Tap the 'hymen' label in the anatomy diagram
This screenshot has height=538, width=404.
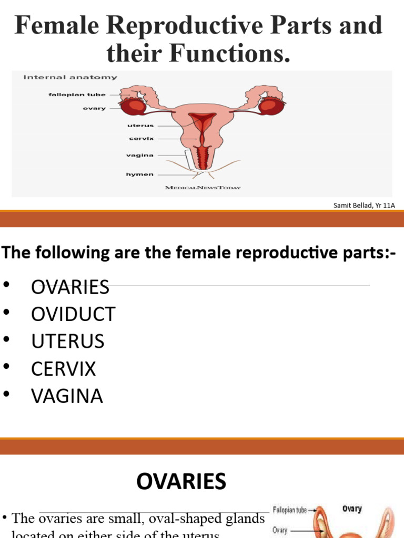(139, 174)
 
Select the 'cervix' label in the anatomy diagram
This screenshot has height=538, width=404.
(141, 139)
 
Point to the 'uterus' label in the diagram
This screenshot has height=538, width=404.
(140, 126)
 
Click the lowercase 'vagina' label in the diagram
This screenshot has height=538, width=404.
(140, 155)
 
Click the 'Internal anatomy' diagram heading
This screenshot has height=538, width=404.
(70, 77)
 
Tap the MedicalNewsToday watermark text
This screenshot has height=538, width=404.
(203, 188)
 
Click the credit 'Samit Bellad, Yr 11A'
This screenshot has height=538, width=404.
(364, 205)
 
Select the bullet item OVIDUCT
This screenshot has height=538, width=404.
(73, 314)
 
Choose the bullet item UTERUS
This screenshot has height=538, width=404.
(68, 342)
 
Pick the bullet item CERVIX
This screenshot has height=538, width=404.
(64, 369)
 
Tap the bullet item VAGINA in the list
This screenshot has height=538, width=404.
(67, 396)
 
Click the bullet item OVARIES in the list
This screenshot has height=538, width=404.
(70, 287)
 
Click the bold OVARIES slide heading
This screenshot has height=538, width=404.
(181, 481)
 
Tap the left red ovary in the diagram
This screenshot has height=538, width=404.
(134, 106)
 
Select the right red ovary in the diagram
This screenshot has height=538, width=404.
(272, 106)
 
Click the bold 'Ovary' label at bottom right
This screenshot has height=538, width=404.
(352, 509)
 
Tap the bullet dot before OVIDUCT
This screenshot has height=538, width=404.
(7, 313)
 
